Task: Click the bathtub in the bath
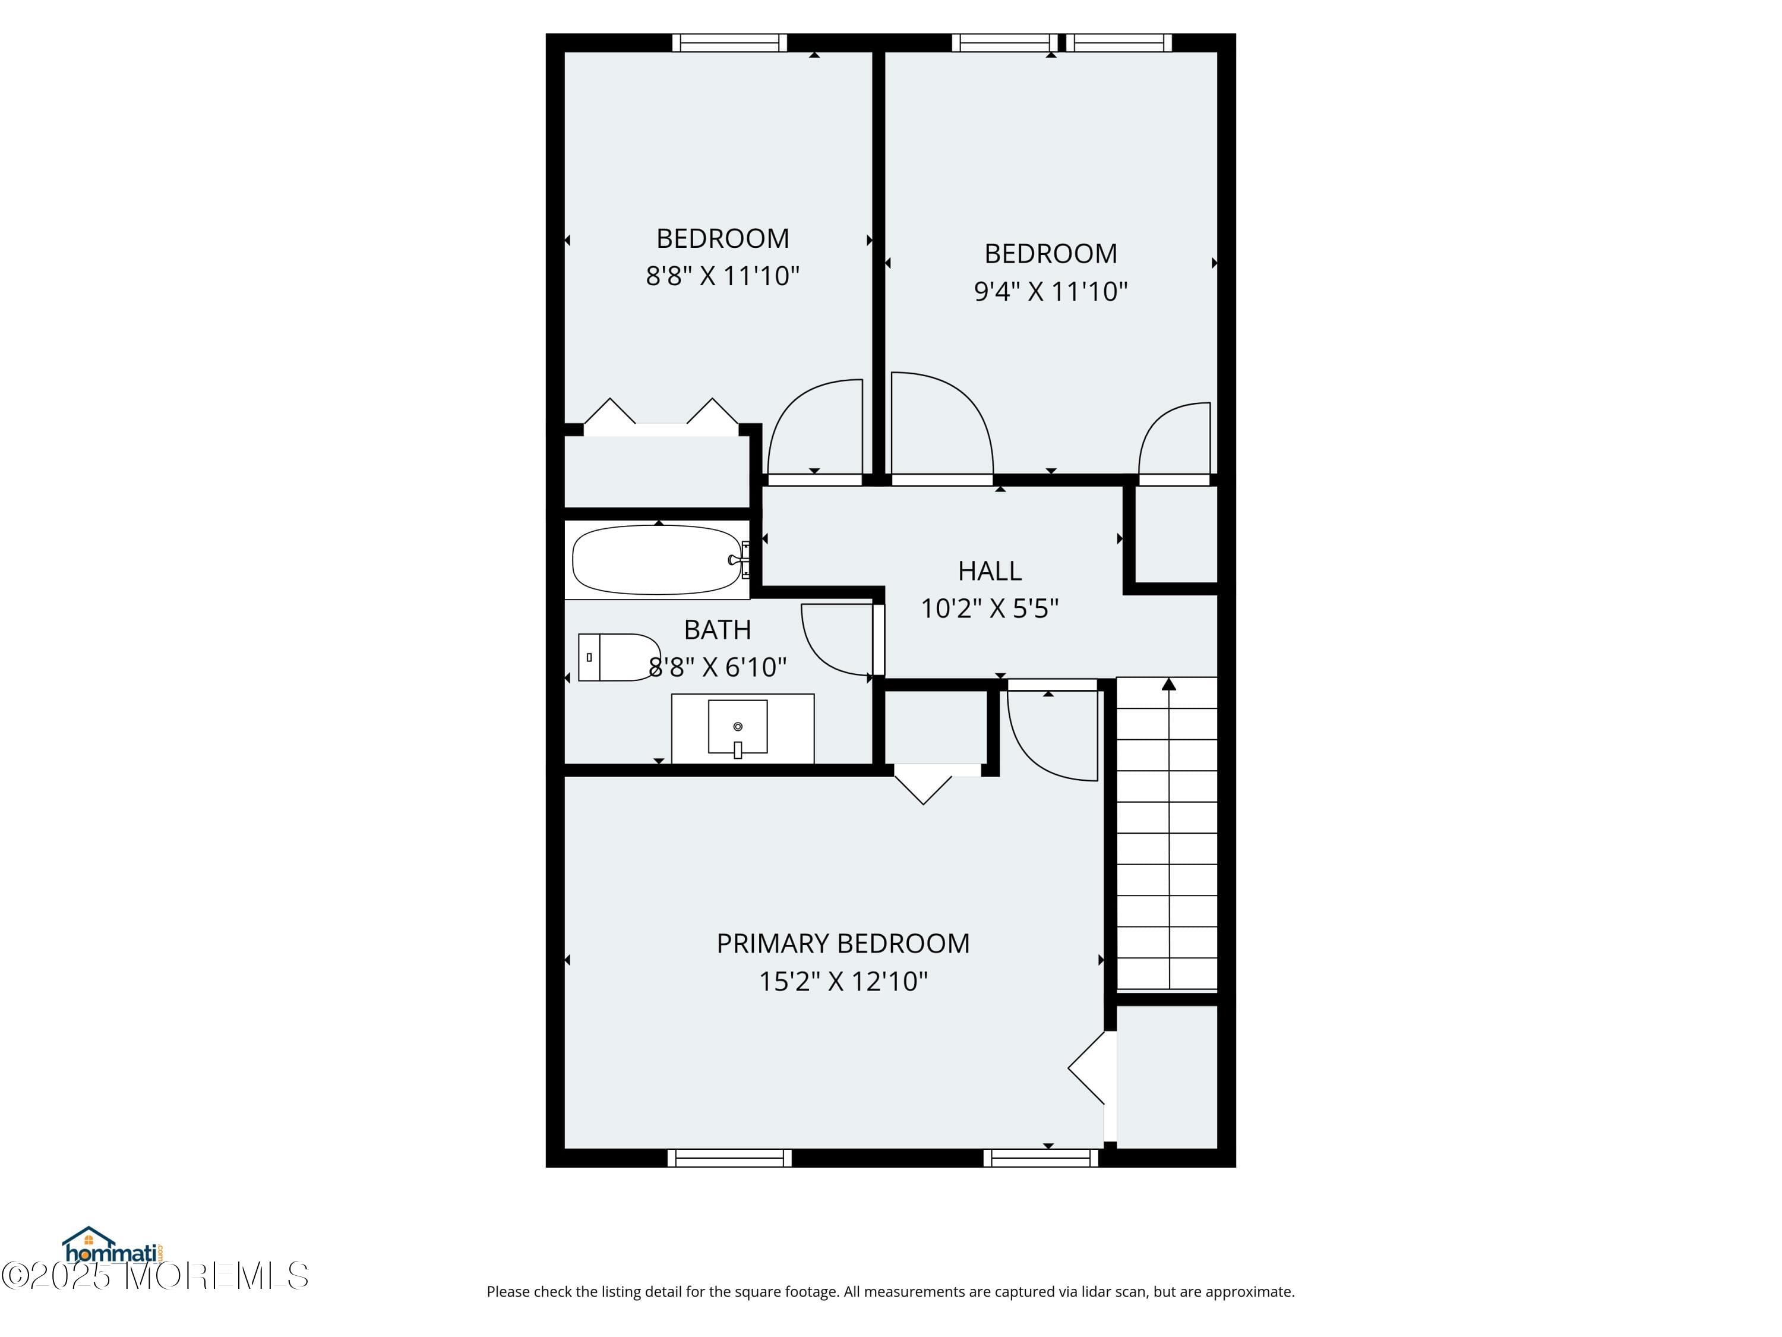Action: [x=656, y=559]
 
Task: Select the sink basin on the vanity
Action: [x=737, y=726]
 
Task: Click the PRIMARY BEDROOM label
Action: [x=843, y=944]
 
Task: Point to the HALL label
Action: [x=989, y=570]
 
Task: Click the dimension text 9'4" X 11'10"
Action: [x=1051, y=291]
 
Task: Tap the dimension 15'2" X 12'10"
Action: [x=843, y=982]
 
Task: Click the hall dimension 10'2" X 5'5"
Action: [x=989, y=608]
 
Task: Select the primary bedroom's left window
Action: [x=729, y=1158]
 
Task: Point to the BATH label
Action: [x=717, y=629]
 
